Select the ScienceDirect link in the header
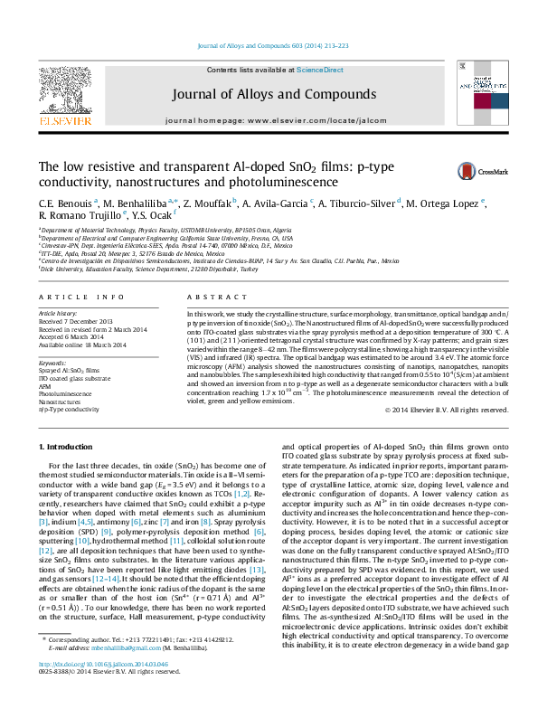tap(320, 70)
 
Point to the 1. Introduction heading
tap(67, 448)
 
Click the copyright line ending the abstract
tap(447, 410)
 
